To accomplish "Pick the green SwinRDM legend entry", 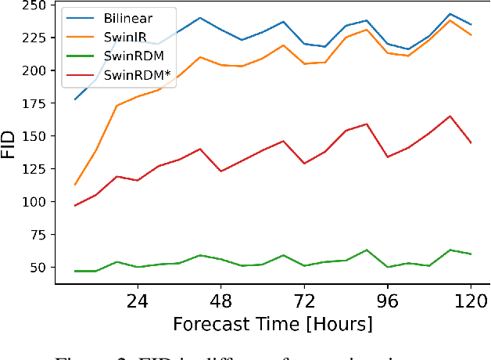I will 132,59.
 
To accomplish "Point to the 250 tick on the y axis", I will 33,5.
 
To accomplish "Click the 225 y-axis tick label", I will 33,38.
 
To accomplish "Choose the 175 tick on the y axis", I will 33,103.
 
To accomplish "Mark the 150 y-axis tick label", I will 33,136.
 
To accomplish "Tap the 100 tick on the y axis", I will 33,202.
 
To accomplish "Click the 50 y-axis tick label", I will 37,268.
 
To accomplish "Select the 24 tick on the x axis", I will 138,301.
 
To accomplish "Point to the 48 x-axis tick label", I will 221,301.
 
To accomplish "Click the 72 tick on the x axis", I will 304,301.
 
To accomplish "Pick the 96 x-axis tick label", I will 388,301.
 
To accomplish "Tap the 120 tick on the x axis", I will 471,301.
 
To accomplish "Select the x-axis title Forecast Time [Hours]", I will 273,324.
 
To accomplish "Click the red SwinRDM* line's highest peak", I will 450,116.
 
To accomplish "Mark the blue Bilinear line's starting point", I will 75,99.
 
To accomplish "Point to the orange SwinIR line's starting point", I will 75,185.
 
